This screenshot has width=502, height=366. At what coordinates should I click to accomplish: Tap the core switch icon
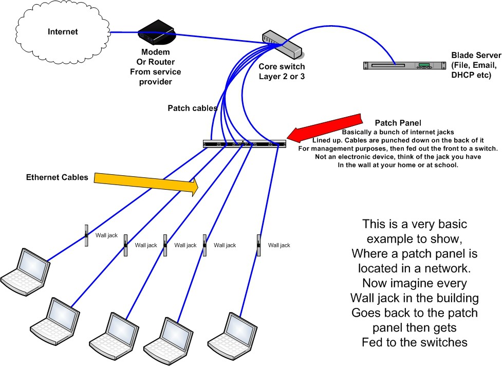282,46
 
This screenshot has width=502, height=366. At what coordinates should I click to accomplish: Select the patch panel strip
245,144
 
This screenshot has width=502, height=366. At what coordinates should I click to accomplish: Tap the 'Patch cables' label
192,108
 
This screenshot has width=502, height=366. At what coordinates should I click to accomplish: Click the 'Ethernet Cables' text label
57,177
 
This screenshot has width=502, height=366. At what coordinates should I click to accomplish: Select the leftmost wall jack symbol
86,235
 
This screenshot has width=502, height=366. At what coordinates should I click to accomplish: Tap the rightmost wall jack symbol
258,245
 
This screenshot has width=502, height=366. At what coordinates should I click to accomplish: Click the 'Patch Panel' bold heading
398,123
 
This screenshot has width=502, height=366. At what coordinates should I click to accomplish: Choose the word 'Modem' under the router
155,52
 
